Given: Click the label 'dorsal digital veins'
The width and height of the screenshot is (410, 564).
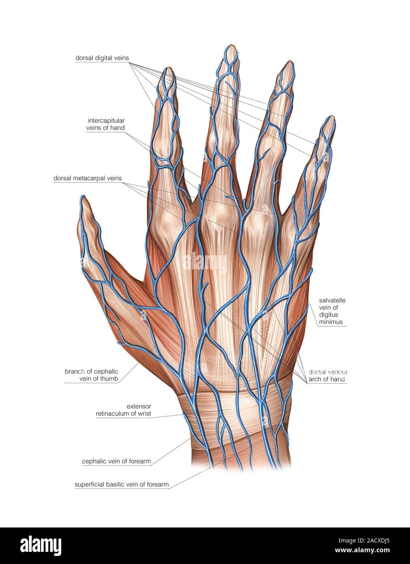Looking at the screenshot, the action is (102, 58).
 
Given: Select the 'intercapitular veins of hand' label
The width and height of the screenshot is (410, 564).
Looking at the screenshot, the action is (105, 124).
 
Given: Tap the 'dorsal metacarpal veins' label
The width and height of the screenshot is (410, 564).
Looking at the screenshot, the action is (88, 178).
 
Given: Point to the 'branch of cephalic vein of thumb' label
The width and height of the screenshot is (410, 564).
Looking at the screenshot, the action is (91, 375).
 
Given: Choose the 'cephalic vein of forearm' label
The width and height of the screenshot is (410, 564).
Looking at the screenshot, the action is (116, 461).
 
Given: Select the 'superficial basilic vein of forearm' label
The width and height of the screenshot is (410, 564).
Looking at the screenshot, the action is (122, 484).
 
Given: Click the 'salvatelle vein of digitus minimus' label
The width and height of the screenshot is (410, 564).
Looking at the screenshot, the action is (332, 311).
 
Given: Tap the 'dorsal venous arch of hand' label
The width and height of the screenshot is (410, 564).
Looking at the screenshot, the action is (327, 375).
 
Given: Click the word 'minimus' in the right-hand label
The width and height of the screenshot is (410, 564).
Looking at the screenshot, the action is (331, 321).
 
